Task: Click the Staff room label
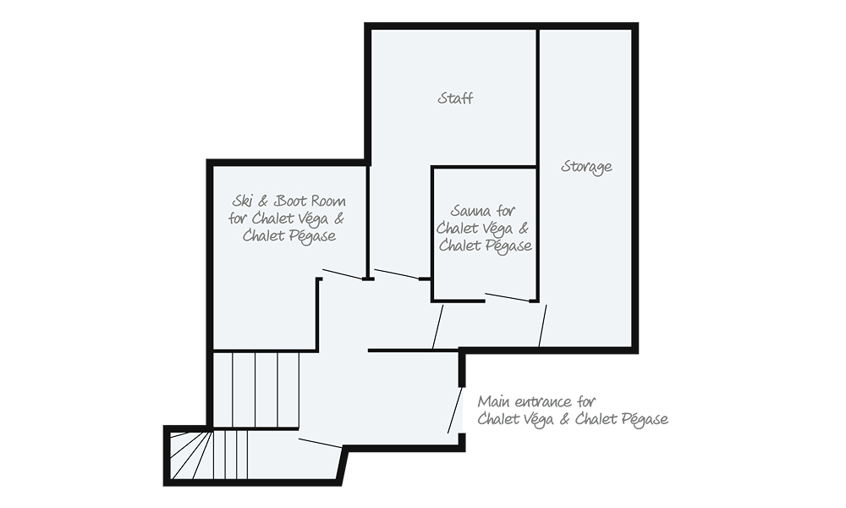(455, 98)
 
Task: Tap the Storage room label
(586, 167)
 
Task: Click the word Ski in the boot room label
(242, 202)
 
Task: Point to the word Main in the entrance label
(494, 401)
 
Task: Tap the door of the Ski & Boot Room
(342, 274)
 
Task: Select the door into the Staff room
(397, 273)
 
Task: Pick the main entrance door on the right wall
(455, 409)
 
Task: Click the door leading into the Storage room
(542, 325)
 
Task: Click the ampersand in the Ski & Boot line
(262, 202)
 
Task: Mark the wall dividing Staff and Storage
(538, 97)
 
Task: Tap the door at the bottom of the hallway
(320, 443)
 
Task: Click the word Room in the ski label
(329, 202)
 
